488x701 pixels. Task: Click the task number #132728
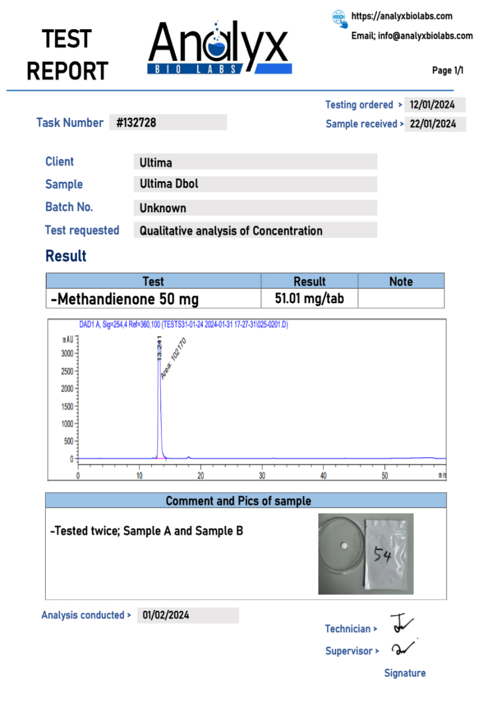pyautogui.click(x=136, y=123)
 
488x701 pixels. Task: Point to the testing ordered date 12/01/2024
pyautogui.click(x=433, y=105)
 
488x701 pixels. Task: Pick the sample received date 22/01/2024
pyautogui.click(x=433, y=124)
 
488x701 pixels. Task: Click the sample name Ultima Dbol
pyautogui.click(x=169, y=184)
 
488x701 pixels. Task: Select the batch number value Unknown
pyautogui.click(x=163, y=208)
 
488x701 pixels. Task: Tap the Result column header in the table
pyautogui.click(x=309, y=281)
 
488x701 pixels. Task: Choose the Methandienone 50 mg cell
pyautogui.click(x=125, y=299)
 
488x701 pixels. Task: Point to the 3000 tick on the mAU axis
pyautogui.click(x=67, y=353)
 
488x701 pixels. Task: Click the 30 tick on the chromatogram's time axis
pyautogui.click(x=262, y=475)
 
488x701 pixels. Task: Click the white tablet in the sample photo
pyautogui.click(x=345, y=544)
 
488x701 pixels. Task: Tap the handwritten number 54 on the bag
pyautogui.click(x=382, y=555)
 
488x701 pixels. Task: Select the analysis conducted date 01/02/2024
pyautogui.click(x=166, y=615)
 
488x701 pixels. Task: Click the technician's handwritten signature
pyautogui.click(x=401, y=624)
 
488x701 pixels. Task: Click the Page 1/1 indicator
pyautogui.click(x=448, y=71)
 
